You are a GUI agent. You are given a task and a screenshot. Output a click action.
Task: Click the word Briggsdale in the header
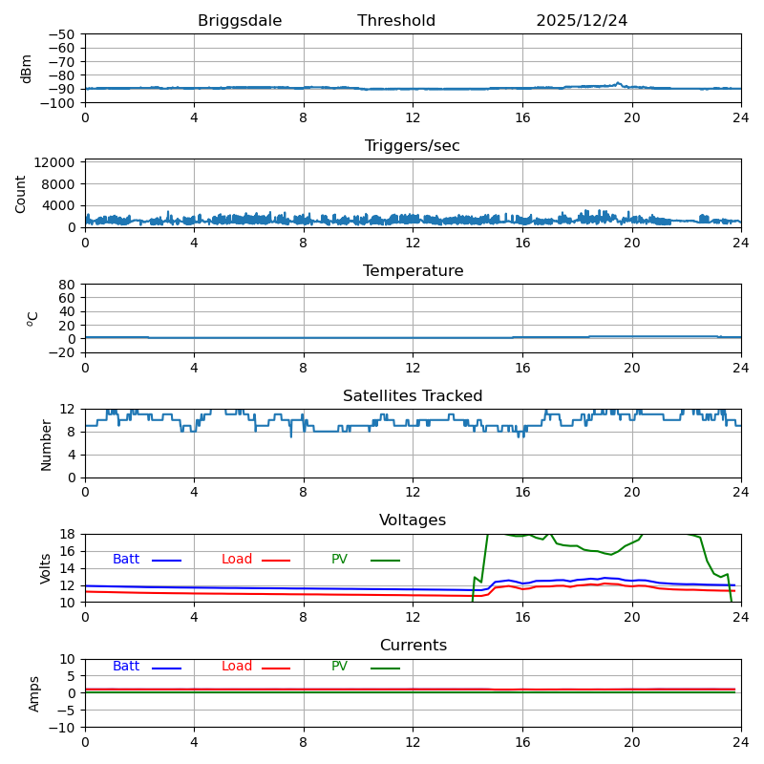click(x=240, y=21)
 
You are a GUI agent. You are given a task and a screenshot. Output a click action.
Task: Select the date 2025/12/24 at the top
click(x=582, y=21)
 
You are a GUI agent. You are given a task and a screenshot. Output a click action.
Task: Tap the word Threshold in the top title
click(x=396, y=21)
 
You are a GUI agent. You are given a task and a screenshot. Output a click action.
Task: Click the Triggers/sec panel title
click(x=413, y=146)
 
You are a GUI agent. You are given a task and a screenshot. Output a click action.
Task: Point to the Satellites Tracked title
click(x=413, y=396)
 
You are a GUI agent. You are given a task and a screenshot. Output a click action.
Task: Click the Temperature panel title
click(x=413, y=271)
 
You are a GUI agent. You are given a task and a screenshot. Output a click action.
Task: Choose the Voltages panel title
click(x=413, y=520)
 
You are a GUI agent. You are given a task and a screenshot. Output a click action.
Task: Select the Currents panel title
click(x=413, y=646)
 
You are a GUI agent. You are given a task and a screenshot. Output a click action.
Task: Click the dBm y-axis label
click(x=27, y=68)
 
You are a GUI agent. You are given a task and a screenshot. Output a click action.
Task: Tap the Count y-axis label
click(x=21, y=193)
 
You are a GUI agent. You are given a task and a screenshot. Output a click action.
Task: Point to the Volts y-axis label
click(x=46, y=568)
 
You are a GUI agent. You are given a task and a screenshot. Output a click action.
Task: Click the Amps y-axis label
click(x=34, y=693)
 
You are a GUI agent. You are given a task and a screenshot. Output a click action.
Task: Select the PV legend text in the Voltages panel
click(x=339, y=560)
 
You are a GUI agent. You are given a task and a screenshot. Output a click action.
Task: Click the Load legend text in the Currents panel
click(x=237, y=667)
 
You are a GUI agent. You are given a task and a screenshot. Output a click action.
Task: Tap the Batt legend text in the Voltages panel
click(x=126, y=560)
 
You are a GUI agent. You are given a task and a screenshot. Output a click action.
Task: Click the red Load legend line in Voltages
click(x=276, y=561)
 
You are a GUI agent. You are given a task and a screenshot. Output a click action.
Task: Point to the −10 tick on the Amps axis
click(x=61, y=728)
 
